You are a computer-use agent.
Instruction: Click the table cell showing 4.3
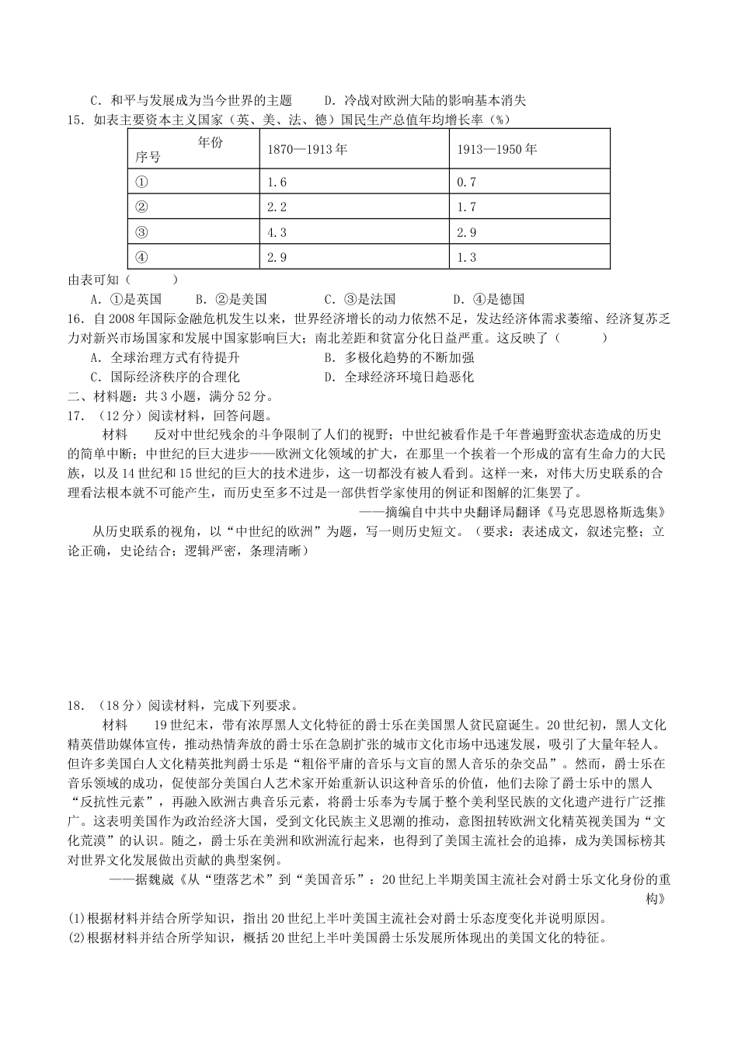[277, 232]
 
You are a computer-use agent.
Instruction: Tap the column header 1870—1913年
[307, 149]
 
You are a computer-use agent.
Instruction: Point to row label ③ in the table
[141, 232]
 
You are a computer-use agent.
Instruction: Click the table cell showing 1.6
[277, 182]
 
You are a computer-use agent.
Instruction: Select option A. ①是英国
[126, 298]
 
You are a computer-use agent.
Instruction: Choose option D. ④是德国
[489, 298]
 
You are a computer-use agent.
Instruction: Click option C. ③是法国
[360, 298]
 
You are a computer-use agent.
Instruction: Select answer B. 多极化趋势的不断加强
[399, 357]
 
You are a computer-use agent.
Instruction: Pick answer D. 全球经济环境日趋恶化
[399, 377]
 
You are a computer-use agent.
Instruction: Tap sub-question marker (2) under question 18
[77, 937]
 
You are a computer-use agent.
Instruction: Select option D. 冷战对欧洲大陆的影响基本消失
[424, 100]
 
